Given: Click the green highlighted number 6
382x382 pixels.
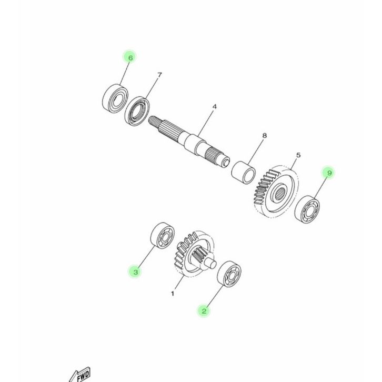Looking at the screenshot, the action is point(130,58).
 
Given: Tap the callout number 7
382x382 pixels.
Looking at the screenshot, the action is point(159,75).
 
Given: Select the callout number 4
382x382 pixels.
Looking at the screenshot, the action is point(214,107).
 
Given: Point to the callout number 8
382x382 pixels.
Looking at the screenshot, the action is point(265,135).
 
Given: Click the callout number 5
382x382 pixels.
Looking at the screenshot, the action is point(298,155).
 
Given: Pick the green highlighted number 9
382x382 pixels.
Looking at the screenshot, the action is point(329,173).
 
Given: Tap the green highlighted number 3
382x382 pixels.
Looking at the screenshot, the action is point(135,272).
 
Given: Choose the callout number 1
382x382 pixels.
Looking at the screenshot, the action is point(173,294).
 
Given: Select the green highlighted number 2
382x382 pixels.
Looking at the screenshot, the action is point(204,311).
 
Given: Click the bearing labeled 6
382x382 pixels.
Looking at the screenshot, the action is point(115,98).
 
